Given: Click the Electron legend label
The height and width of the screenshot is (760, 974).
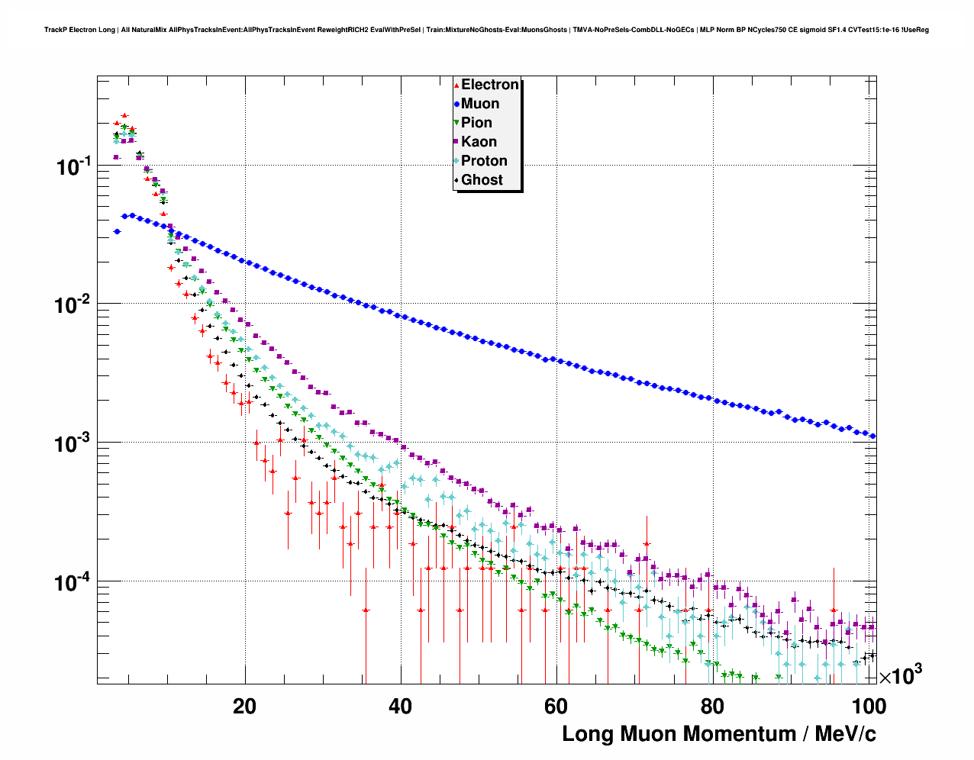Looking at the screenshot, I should [490, 85].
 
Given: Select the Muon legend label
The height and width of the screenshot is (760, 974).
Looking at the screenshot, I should [480, 104].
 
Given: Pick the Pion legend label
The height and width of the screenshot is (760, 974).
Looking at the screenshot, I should [476, 123].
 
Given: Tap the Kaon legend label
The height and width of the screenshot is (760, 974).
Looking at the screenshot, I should [479, 142].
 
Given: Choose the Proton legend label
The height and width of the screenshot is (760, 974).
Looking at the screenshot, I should [484, 161].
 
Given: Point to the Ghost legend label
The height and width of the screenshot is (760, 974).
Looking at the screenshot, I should [482, 180].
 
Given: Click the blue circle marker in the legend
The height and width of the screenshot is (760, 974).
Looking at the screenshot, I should [456, 104].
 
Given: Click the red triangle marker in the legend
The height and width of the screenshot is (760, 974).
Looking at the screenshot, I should [456, 85].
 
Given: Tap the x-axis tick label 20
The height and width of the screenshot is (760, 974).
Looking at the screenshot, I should [244, 707].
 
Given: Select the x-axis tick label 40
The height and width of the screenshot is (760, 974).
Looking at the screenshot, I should [400, 707].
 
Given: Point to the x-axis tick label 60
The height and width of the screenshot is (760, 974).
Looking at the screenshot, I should [556, 707].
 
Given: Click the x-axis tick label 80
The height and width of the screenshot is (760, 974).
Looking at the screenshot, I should [711, 707].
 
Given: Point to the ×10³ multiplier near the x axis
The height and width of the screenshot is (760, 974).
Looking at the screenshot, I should [900, 676].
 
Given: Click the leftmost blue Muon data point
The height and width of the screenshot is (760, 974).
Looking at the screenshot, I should [117, 231].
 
